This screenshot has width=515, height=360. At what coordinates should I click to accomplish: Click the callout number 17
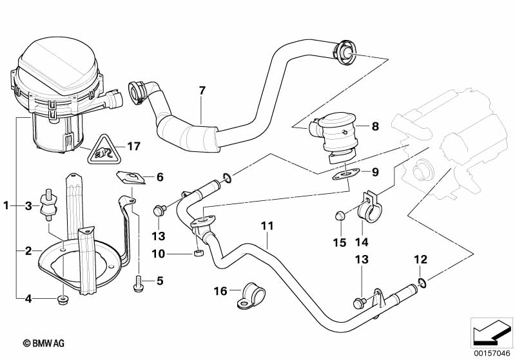[133, 146]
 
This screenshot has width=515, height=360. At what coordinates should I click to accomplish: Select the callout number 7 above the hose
[202, 90]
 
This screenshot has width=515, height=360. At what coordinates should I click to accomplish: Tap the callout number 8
[376, 127]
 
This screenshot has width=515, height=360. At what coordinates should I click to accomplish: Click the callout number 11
[267, 226]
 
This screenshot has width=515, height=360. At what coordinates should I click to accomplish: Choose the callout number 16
[220, 292]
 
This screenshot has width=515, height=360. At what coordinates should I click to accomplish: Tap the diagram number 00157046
[492, 351]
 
